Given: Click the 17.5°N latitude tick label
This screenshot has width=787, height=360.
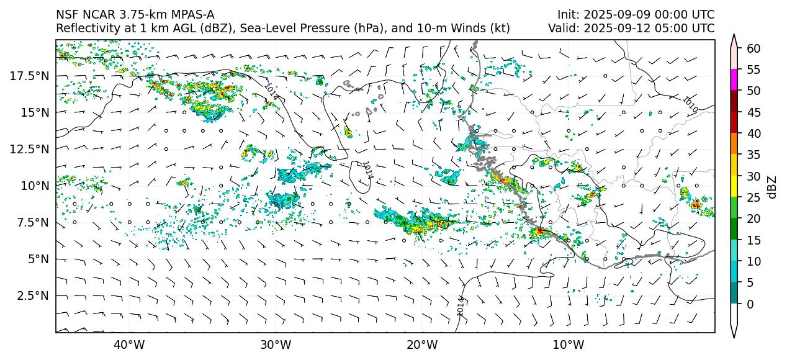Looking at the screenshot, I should click(x=29, y=76).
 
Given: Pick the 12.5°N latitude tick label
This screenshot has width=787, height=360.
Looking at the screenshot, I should click(x=29, y=149).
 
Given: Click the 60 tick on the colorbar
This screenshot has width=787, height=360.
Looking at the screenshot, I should click(x=753, y=48).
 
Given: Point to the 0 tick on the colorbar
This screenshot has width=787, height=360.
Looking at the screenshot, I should click(x=750, y=304).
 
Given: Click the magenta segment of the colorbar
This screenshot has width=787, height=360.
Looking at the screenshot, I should click(x=734, y=80).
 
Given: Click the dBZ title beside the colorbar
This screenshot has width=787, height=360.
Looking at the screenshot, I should click(x=772, y=186).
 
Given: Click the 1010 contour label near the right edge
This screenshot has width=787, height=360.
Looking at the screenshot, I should click(x=690, y=104).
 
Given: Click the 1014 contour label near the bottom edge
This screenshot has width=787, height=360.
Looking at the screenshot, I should click(x=460, y=306).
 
